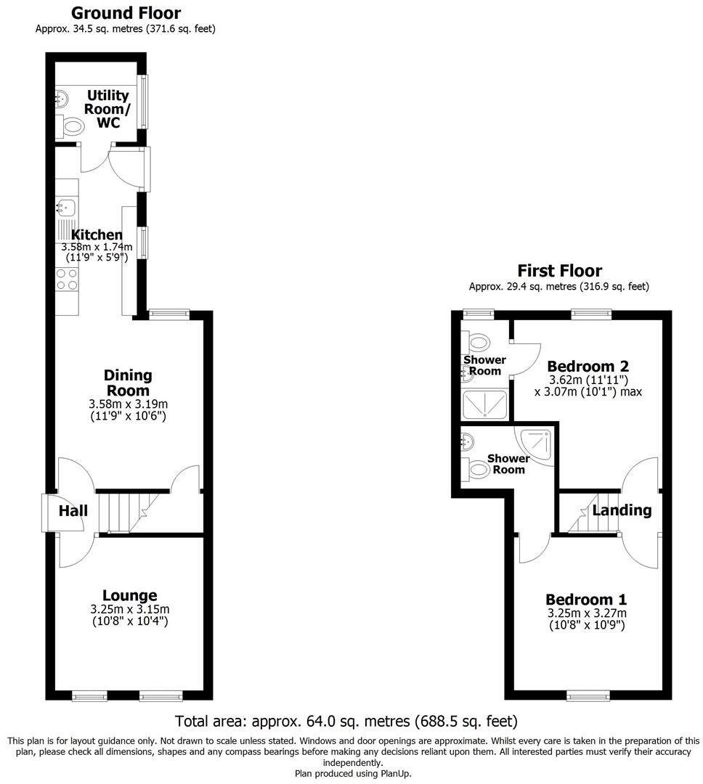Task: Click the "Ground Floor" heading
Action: [x=126, y=13]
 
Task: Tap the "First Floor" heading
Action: [x=559, y=271]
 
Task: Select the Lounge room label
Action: [x=129, y=596]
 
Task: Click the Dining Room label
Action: [x=128, y=383]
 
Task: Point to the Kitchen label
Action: [x=97, y=234]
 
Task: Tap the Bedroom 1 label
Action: [x=586, y=600]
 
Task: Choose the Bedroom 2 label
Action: [x=588, y=366]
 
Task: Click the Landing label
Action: [x=622, y=510]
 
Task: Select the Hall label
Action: [x=73, y=510]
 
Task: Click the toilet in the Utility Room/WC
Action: [x=72, y=128]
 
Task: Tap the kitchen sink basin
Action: [x=65, y=208]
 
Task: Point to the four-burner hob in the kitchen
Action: [x=68, y=279]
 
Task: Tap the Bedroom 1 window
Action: [x=589, y=696]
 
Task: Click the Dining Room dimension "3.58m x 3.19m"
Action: [x=128, y=404]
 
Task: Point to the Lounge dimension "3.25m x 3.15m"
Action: [x=129, y=609]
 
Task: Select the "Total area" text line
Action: [x=346, y=722]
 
